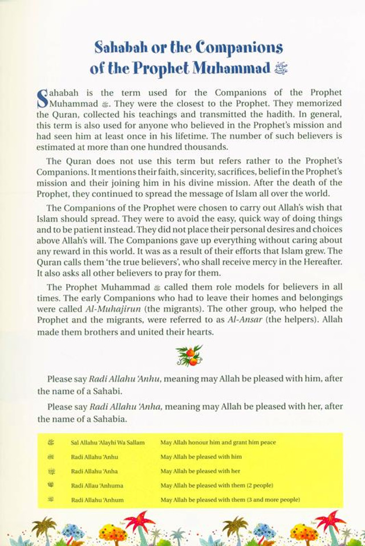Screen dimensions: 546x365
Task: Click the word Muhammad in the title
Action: coord(230,69)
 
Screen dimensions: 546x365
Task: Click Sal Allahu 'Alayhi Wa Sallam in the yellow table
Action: coord(108,442)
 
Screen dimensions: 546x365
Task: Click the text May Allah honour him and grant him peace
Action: coord(214,442)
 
